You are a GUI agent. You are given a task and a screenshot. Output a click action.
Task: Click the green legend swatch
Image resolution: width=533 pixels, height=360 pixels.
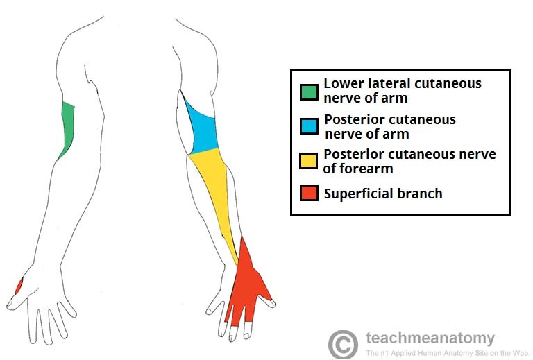point(309,92)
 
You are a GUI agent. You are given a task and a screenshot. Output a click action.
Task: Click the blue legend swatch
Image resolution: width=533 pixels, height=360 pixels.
point(309,126)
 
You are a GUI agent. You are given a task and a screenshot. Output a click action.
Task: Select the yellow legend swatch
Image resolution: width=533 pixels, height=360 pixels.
point(309,161)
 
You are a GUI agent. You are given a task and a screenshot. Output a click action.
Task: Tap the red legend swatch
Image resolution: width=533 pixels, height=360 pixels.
point(309,192)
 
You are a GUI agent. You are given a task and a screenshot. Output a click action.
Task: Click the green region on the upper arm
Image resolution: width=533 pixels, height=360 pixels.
point(67,128)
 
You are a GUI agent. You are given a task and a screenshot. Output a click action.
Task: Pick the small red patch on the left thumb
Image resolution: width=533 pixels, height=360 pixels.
point(19,285)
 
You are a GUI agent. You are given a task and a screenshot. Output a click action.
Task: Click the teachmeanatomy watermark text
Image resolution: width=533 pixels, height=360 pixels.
point(430,338)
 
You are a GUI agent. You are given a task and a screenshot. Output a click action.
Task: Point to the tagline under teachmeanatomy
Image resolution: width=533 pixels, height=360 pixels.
point(430,352)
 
